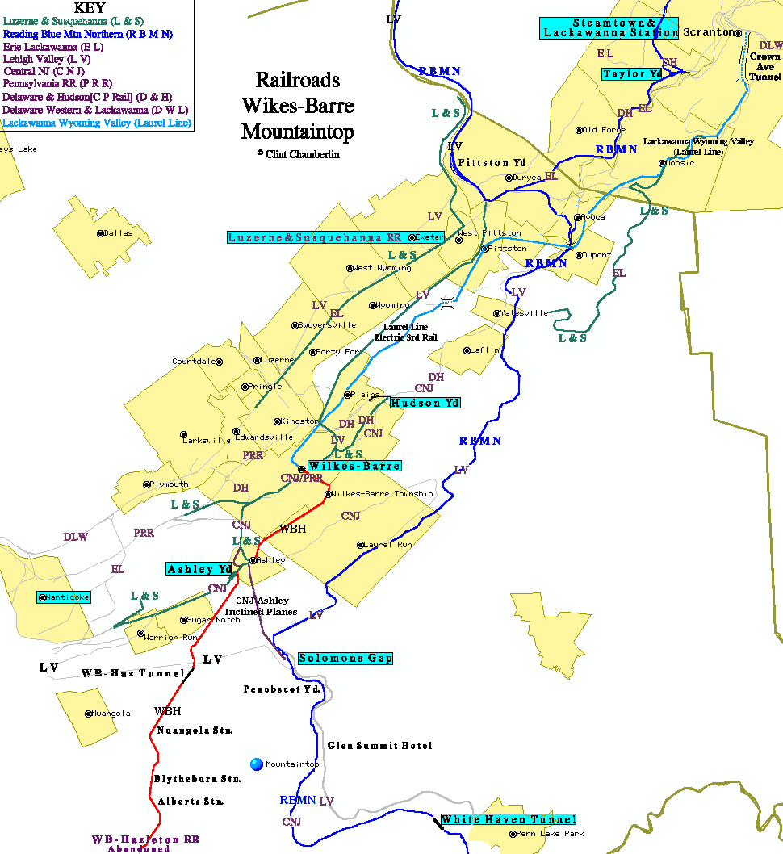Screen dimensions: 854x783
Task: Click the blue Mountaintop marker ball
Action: pyautogui.click(x=257, y=764)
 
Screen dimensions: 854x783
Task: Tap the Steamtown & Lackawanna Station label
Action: pyautogui.click(x=609, y=27)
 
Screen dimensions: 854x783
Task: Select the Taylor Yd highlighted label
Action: pyautogui.click(x=632, y=73)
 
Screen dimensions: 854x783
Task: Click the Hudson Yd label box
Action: pyautogui.click(x=425, y=403)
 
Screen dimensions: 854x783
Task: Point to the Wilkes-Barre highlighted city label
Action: pyautogui.click(x=354, y=466)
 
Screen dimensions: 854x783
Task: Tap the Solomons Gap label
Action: pyautogui.click(x=345, y=658)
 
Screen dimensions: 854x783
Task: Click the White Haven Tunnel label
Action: pyautogui.click(x=508, y=819)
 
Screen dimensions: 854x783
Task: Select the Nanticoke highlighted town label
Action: pyautogui.click(x=65, y=597)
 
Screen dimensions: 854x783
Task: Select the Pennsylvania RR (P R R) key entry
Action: pyautogui.click(x=57, y=83)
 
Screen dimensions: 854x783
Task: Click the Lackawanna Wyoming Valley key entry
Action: pyautogui.click(x=97, y=123)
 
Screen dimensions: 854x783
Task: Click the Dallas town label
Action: pyautogui.click(x=118, y=233)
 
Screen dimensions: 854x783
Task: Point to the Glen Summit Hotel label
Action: pyautogui.click(x=379, y=746)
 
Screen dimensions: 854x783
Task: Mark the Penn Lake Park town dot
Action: pyautogui.click(x=513, y=834)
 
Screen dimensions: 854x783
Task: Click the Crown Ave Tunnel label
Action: pyautogui.click(x=764, y=67)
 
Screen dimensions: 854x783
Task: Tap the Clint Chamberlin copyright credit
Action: pyautogui.click(x=299, y=153)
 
